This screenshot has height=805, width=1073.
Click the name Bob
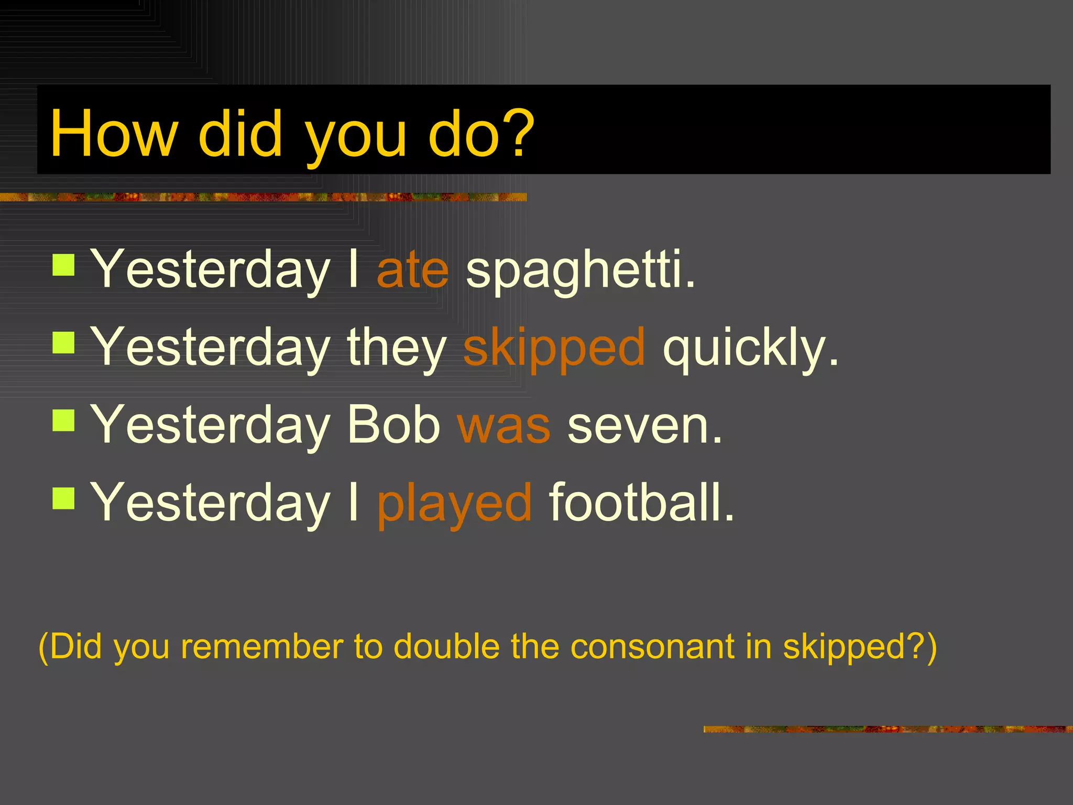pos(394,425)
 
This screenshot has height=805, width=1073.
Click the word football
pos(641,502)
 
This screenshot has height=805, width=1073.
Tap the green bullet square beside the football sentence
pos(64,498)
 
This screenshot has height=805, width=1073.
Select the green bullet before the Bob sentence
pos(64,420)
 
